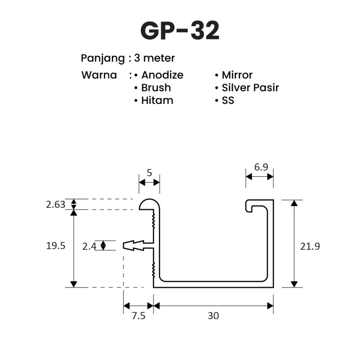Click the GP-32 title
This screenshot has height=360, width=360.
tap(180, 31)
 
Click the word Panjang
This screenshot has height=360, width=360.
tap(103, 58)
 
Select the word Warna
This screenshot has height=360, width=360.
tap(99, 75)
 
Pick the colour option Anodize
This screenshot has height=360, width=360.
tap(162, 75)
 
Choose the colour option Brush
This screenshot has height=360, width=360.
tap(156, 87)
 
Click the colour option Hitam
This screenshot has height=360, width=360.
tap(157, 100)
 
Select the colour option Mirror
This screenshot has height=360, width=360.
tap(237, 75)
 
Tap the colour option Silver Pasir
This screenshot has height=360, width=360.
tap(250, 87)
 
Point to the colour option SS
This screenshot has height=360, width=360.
tap(228, 100)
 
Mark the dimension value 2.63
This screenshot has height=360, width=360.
tap(55, 205)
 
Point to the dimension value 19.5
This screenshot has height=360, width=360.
tap(56, 246)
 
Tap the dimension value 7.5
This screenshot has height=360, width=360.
tap(139, 316)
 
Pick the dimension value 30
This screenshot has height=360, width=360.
tap(213, 316)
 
